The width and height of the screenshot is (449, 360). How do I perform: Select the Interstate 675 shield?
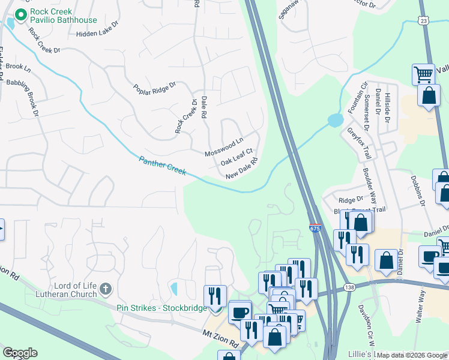(x=315, y=228)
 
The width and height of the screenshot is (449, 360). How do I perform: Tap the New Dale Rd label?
(x=242, y=169)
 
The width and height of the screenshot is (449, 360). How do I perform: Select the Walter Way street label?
(x=421, y=302)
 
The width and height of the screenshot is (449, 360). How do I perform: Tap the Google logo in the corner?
(x=20, y=353)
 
